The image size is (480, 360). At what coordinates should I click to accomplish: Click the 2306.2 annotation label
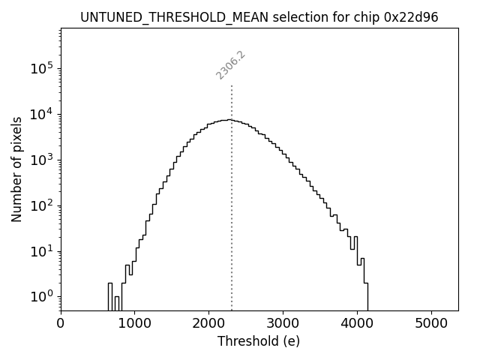[x=231, y=64]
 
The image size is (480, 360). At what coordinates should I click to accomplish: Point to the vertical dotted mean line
[x=232, y=195]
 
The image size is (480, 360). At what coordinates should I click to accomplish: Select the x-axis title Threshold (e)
[x=259, y=341]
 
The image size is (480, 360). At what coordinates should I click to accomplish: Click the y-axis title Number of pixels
[x=16, y=169]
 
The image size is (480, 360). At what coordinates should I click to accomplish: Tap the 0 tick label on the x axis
[x=61, y=324]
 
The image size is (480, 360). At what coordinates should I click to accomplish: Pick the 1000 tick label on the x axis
[x=134, y=324]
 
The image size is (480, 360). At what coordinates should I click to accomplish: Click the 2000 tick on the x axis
[x=208, y=324]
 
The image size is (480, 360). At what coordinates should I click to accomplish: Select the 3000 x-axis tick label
[x=283, y=324]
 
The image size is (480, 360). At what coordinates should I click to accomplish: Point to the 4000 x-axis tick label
[x=357, y=324]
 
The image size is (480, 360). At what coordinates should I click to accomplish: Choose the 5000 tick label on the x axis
[x=431, y=324]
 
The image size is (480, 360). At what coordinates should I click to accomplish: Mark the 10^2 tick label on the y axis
[x=42, y=205]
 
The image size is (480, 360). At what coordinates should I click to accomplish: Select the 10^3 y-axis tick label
[x=42, y=160]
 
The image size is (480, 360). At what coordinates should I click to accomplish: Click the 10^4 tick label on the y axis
[x=42, y=114]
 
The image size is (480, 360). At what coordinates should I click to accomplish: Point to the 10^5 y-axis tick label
[x=42, y=68]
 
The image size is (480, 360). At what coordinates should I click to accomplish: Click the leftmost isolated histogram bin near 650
[x=110, y=295]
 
